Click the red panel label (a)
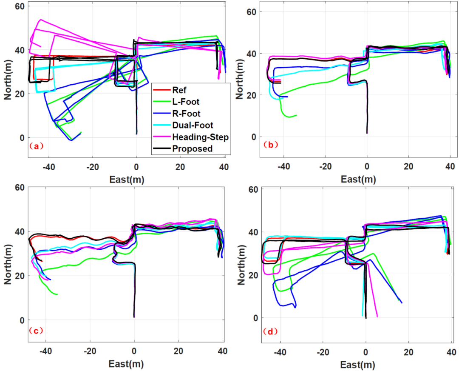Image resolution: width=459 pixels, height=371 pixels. coord(36,146)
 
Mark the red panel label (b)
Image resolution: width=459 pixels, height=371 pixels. coord(270,145)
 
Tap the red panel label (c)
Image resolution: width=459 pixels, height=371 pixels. coord(36,331)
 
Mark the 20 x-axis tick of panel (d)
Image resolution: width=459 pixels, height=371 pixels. coord(408,352)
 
